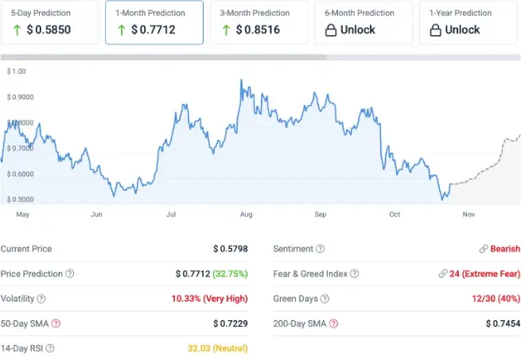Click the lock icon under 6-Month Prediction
pos(331,29)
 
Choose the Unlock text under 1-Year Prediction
pos(462,29)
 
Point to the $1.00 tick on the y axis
pos(16,72)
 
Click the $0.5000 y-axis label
pos(21,199)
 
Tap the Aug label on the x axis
pos(246,215)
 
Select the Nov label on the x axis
pos(469,215)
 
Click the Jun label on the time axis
pos(97,215)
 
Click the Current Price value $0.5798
pos(231,249)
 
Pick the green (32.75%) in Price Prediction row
pos(231,273)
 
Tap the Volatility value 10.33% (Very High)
pos(209,299)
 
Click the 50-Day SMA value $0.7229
pos(231,323)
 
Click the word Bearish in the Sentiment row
pos(505,249)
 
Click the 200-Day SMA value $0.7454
pos(503,323)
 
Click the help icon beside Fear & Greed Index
pos(354,274)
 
